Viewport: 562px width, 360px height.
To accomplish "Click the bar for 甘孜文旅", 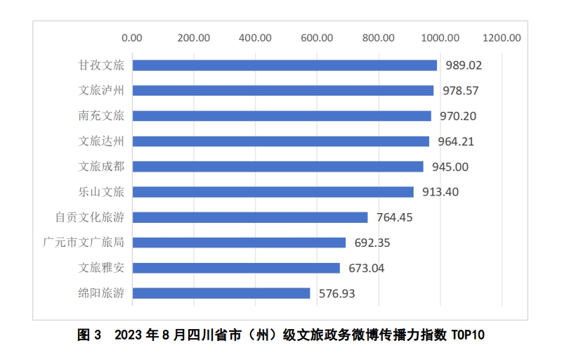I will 285,65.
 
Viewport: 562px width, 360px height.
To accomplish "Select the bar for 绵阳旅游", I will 221,293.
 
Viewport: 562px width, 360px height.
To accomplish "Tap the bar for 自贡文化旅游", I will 250,217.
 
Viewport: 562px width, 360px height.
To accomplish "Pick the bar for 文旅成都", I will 278,167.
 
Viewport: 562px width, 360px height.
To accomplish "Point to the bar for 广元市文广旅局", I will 239,243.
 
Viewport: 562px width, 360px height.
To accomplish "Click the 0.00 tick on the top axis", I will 132,37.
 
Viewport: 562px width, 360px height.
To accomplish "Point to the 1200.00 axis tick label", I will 502,37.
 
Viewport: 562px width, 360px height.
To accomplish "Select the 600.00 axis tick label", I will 317,37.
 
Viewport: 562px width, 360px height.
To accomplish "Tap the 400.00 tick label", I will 256,37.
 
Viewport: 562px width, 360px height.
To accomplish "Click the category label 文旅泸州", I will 101,91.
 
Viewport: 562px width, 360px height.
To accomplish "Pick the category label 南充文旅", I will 101,116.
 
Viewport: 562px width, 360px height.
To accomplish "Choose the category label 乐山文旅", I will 101,192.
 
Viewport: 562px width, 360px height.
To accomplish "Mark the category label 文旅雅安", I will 101,268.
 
